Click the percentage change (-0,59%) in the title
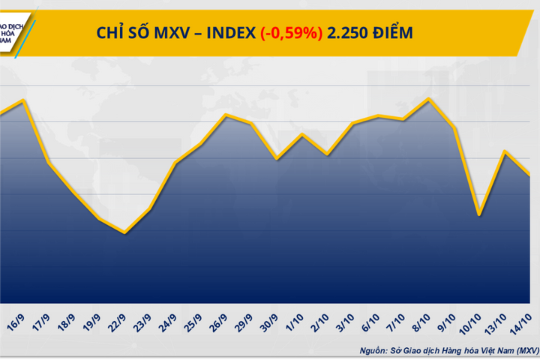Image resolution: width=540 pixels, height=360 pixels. [x=292, y=32]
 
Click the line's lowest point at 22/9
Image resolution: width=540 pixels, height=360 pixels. [x=124, y=232]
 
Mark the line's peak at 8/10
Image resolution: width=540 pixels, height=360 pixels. [x=428, y=98]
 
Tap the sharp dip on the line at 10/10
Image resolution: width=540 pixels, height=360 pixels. [x=478, y=214]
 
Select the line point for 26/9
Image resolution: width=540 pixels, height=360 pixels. [x=226, y=115]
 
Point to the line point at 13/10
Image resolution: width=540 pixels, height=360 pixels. [x=504, y=151]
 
